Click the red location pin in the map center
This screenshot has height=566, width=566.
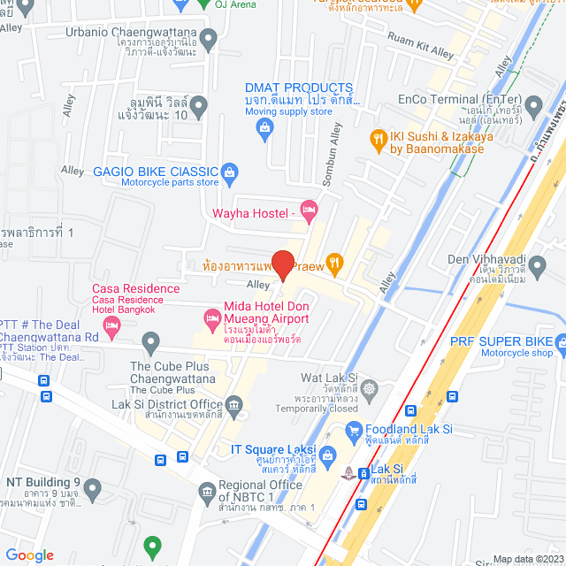click(x=282, y=264)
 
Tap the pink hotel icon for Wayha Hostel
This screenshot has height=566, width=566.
click(x=309, y=210)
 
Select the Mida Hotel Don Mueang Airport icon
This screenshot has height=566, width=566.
click(x=212, y=317)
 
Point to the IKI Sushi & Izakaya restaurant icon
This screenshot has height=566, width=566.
click(x=379, y=138)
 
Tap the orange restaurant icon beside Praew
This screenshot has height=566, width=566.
click(x=333, y=261)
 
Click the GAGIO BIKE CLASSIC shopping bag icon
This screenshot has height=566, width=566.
click(x=229, y=171)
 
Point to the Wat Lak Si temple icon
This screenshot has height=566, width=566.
click(x=369, y=386)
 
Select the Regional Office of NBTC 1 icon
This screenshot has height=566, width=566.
click(x=207, y=491)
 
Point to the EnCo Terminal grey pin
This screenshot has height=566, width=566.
click(x=533, y=108)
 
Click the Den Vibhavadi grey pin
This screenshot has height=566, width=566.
click(x=536, y=266)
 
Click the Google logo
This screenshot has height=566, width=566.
click(x=30, y=555)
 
